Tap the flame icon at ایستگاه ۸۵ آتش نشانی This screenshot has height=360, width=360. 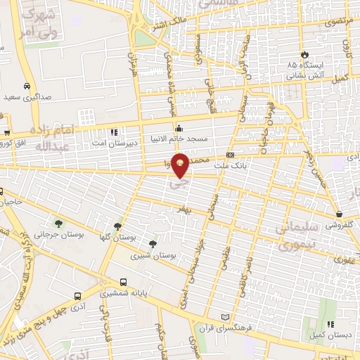(304, 54)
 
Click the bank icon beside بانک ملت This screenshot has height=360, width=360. (230, 155)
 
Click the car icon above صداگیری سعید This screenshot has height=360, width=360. (26, 86)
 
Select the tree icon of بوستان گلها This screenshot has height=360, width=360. (117, 226)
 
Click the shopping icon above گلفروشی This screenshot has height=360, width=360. (340, 214)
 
